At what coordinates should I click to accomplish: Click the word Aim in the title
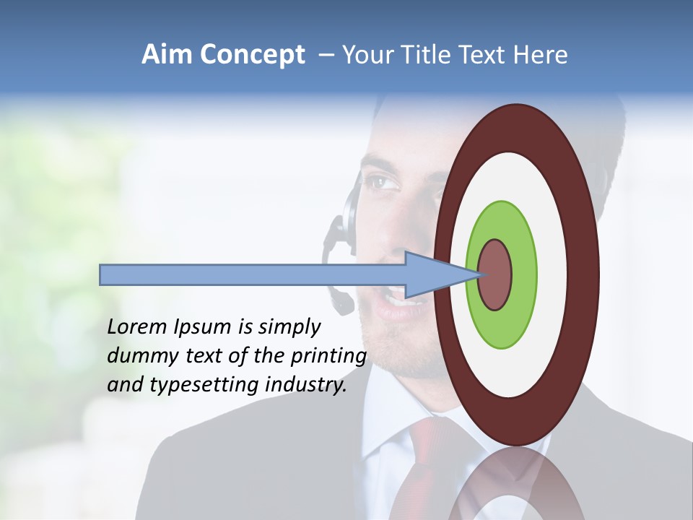pos(167,55)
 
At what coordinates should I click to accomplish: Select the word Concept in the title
pos(253,56)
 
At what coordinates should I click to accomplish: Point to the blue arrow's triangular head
pos(433,274)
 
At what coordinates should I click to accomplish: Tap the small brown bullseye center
pos(496,274)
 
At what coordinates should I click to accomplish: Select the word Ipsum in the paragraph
pos(203,328)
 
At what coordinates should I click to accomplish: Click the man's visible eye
pos(380,183)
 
